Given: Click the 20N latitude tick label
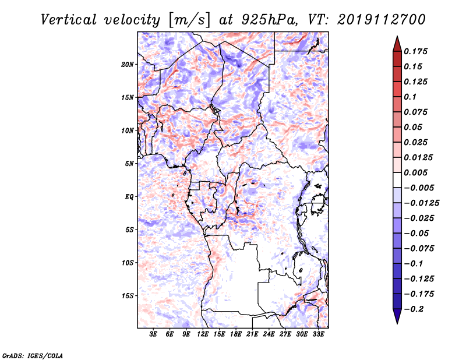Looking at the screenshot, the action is (128, 65).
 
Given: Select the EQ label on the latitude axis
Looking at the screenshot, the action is (129, 197).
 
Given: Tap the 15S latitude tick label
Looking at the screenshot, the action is (128, 296).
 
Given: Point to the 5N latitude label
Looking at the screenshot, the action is (129, 164).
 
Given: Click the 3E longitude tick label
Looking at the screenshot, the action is (153, 334).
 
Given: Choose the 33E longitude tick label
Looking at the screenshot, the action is (318, 334).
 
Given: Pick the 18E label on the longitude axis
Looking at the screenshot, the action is (236, 334).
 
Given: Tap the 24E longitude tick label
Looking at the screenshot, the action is (269, 334).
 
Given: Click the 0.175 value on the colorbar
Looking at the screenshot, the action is (415, 51).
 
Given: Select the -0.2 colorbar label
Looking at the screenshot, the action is (414, 309).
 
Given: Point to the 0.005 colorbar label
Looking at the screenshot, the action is (415, 172).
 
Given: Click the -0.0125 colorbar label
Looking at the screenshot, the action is (421, 203).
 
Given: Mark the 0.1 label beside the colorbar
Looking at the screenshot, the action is (410, 97).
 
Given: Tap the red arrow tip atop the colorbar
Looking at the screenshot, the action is (397, 36).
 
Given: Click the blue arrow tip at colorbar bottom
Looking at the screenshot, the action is (397, 323).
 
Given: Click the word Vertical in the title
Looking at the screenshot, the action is (69, 20).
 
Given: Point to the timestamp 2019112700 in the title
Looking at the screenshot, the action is (382, 20).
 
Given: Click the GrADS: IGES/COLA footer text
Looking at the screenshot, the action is (33, 355).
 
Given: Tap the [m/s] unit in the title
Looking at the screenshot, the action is (189, 20).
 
